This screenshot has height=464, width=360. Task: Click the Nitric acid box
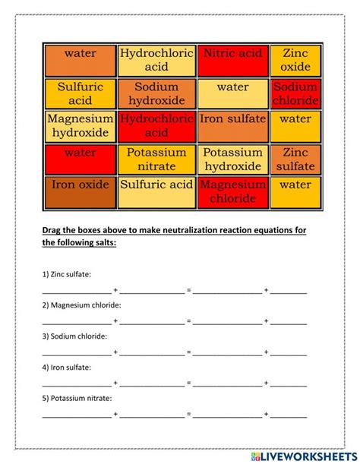tap(232, 60)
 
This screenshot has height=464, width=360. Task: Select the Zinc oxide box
tap(295, 60)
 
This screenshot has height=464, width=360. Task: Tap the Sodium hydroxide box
tap(156, 93)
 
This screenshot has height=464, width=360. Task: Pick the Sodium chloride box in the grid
tap(295, 93)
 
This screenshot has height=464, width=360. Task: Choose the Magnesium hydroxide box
tap(80, 126)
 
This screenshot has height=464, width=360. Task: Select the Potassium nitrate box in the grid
tap(156, 159)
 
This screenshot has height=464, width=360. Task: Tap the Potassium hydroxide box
tap(232, 159)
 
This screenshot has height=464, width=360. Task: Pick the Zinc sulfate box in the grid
tap(295, 159)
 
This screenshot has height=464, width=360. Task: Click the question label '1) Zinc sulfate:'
tap(66, 274)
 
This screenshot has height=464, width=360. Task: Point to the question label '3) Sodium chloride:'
tap(74, 336)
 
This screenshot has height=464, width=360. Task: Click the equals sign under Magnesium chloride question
tap(188, 321)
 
